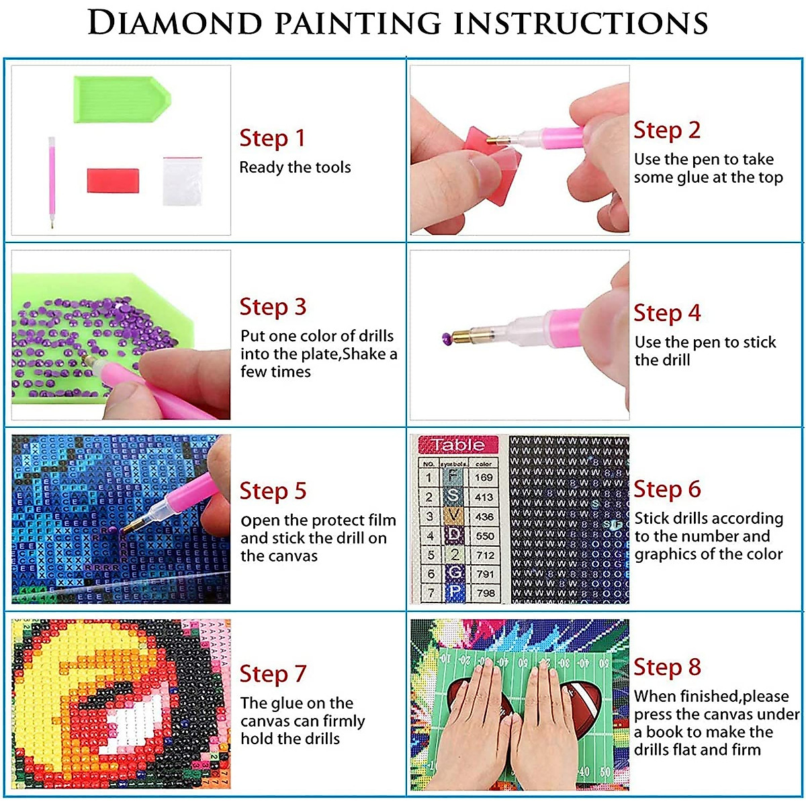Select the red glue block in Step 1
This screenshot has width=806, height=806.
(x=113, y=181)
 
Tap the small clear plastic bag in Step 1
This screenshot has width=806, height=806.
(x=182, y=181)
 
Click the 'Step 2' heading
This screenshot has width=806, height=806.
(x=666, y=130)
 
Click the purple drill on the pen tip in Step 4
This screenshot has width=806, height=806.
(x=446, y=337)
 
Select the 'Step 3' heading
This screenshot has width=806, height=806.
(x=273, y=307)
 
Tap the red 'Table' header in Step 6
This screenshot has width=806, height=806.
(x=458, y=445)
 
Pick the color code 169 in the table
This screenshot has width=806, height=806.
(x=484, y=478)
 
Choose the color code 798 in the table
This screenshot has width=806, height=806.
(x=485, y=593)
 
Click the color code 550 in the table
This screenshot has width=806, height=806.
(x=485, y=536)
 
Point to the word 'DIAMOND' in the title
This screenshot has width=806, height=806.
(x=175, y=24)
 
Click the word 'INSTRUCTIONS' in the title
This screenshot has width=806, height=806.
(x=581, y=24)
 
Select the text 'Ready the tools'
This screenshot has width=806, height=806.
(x=295, y=167)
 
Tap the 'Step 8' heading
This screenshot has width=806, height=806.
(x=667, y=667)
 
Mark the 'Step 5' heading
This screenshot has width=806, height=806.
(x=273, y=491)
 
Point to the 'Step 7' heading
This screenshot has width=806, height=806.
(x=273, y=674)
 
